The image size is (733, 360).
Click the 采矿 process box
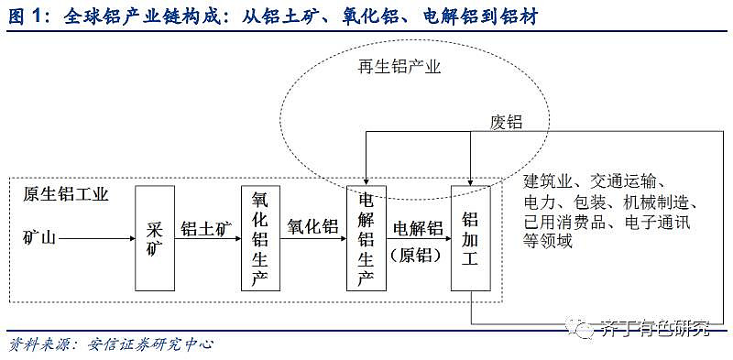pos(154,238)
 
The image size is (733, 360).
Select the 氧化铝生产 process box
pos(260,238)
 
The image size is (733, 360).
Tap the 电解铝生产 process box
pos(366,238)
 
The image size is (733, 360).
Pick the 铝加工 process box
pos(471,238)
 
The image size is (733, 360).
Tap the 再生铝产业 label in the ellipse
pos(399,67)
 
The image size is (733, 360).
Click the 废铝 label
pos(506,120)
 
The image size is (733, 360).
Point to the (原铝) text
pos(418,255)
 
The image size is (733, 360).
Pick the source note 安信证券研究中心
pos(150,344)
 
